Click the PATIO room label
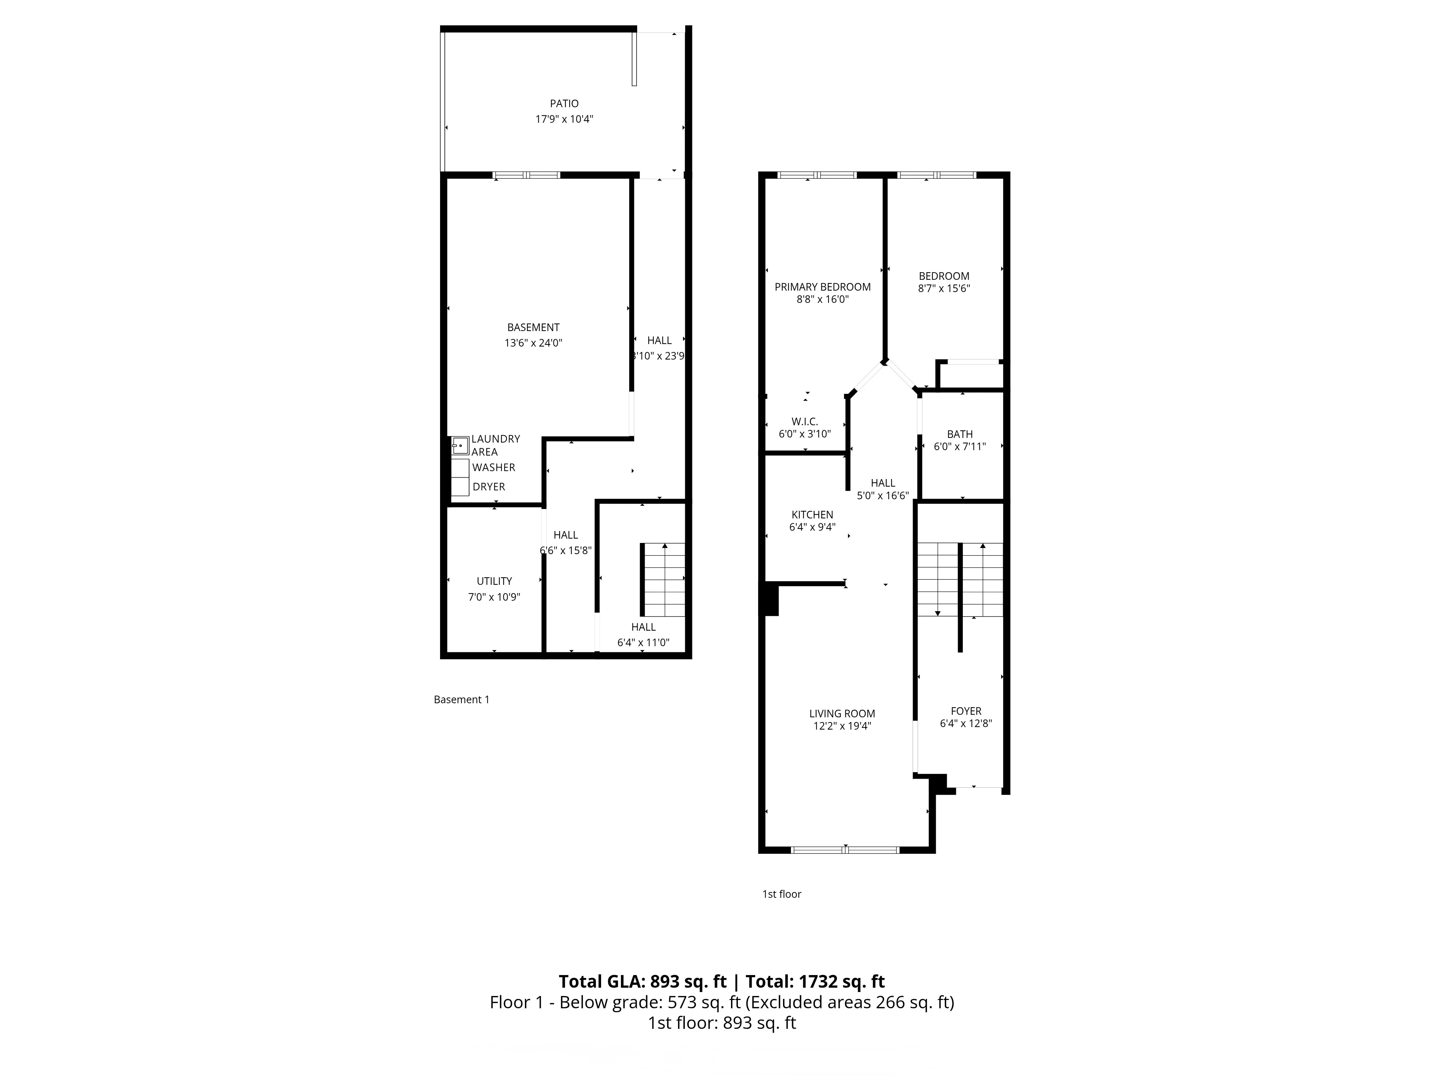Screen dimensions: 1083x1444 pos(564,103)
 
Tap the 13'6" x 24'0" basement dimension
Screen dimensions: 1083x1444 pos(533,343)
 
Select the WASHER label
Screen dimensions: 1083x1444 pos(493,467)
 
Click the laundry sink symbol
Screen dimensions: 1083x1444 pos(460,446)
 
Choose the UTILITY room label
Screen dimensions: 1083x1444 pos(494,581)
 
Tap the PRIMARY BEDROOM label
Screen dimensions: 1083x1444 pos(822,287)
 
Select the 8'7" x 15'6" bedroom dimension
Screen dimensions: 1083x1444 pos(944,288)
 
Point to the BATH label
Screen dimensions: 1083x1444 pos(960,434)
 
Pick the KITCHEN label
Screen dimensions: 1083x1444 pos(812,514)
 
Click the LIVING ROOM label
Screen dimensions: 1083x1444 pos(842,713)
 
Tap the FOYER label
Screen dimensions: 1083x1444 pos(966,711)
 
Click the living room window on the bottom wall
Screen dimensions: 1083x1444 pos(845,849)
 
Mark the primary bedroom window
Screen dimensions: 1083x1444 pos(817,175)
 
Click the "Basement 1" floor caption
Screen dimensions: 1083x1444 pos(461,699)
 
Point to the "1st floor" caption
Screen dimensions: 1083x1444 pos(782,894)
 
